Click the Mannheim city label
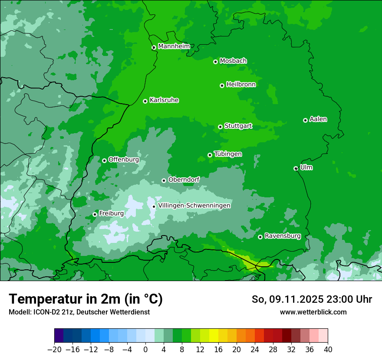coord(174,46)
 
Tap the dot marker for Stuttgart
coord(221,127)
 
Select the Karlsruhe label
coord(164,100)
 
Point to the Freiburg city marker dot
coord(95,214)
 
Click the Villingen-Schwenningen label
coord(194,206)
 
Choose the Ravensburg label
coord(283,236)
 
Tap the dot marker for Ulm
coord(296,168)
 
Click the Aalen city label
coord(318,119)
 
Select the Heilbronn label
coord(241,85)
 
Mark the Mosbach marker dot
coord(215,62)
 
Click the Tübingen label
coord(228,154)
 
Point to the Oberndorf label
coord(184,180)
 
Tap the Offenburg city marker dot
coord(104,160)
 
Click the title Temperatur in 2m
coord(86,299)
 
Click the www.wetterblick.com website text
coord(313,312)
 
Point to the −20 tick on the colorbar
coord(54,349)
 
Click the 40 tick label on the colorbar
coord(328,349)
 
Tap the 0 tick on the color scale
coord(145,349)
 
